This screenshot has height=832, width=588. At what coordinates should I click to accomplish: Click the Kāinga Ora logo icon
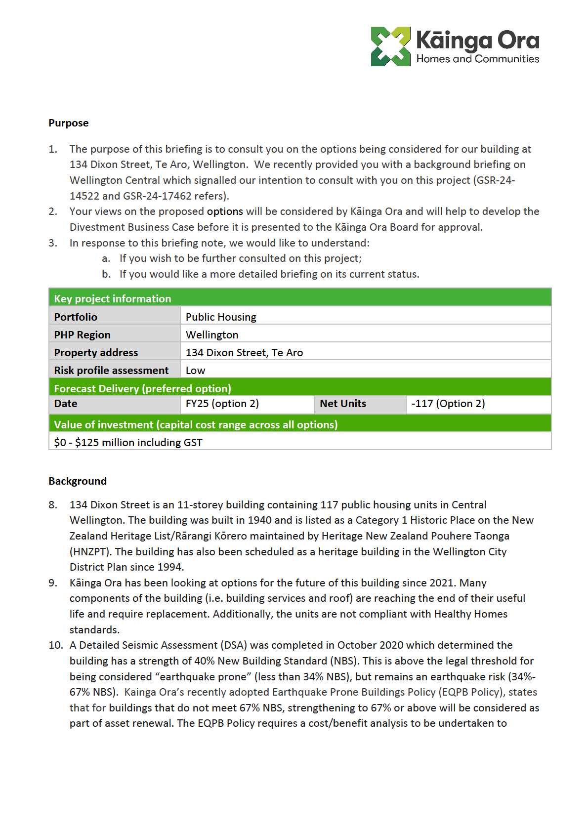coord(390,46)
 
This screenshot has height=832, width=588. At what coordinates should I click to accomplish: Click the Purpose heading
coord(69,123)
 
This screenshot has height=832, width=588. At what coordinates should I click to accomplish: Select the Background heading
coord(78,481)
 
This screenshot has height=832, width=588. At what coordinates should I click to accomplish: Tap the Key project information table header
coord(113,298)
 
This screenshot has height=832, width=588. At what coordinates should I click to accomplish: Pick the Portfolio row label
coord(76,317)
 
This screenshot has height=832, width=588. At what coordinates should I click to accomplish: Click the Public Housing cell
coord(221,317)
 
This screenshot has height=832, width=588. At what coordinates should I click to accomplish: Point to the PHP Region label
coord(82,334)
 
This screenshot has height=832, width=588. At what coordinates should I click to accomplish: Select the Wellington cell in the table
coord(212,334)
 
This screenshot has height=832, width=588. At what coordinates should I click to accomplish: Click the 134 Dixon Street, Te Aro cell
coord(244,352)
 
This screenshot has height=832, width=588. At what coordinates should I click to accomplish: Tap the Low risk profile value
coord(195,370)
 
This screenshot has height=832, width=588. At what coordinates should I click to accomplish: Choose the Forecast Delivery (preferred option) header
coord(142,388)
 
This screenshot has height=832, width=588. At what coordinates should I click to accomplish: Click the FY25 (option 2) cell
coord(222,404)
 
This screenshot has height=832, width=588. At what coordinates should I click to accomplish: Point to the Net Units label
coord(343,404)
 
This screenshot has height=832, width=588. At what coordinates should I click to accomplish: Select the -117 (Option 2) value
coord(448,404)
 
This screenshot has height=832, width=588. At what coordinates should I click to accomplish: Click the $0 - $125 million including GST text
coord(128,442)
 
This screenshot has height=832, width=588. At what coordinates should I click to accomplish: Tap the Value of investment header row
coord(196,424)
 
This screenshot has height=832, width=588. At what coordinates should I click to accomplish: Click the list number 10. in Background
coord(55,645)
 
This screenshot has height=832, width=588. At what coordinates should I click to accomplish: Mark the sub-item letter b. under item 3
coord(106,274)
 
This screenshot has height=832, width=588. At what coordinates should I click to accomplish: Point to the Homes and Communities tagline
coord(477,59)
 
